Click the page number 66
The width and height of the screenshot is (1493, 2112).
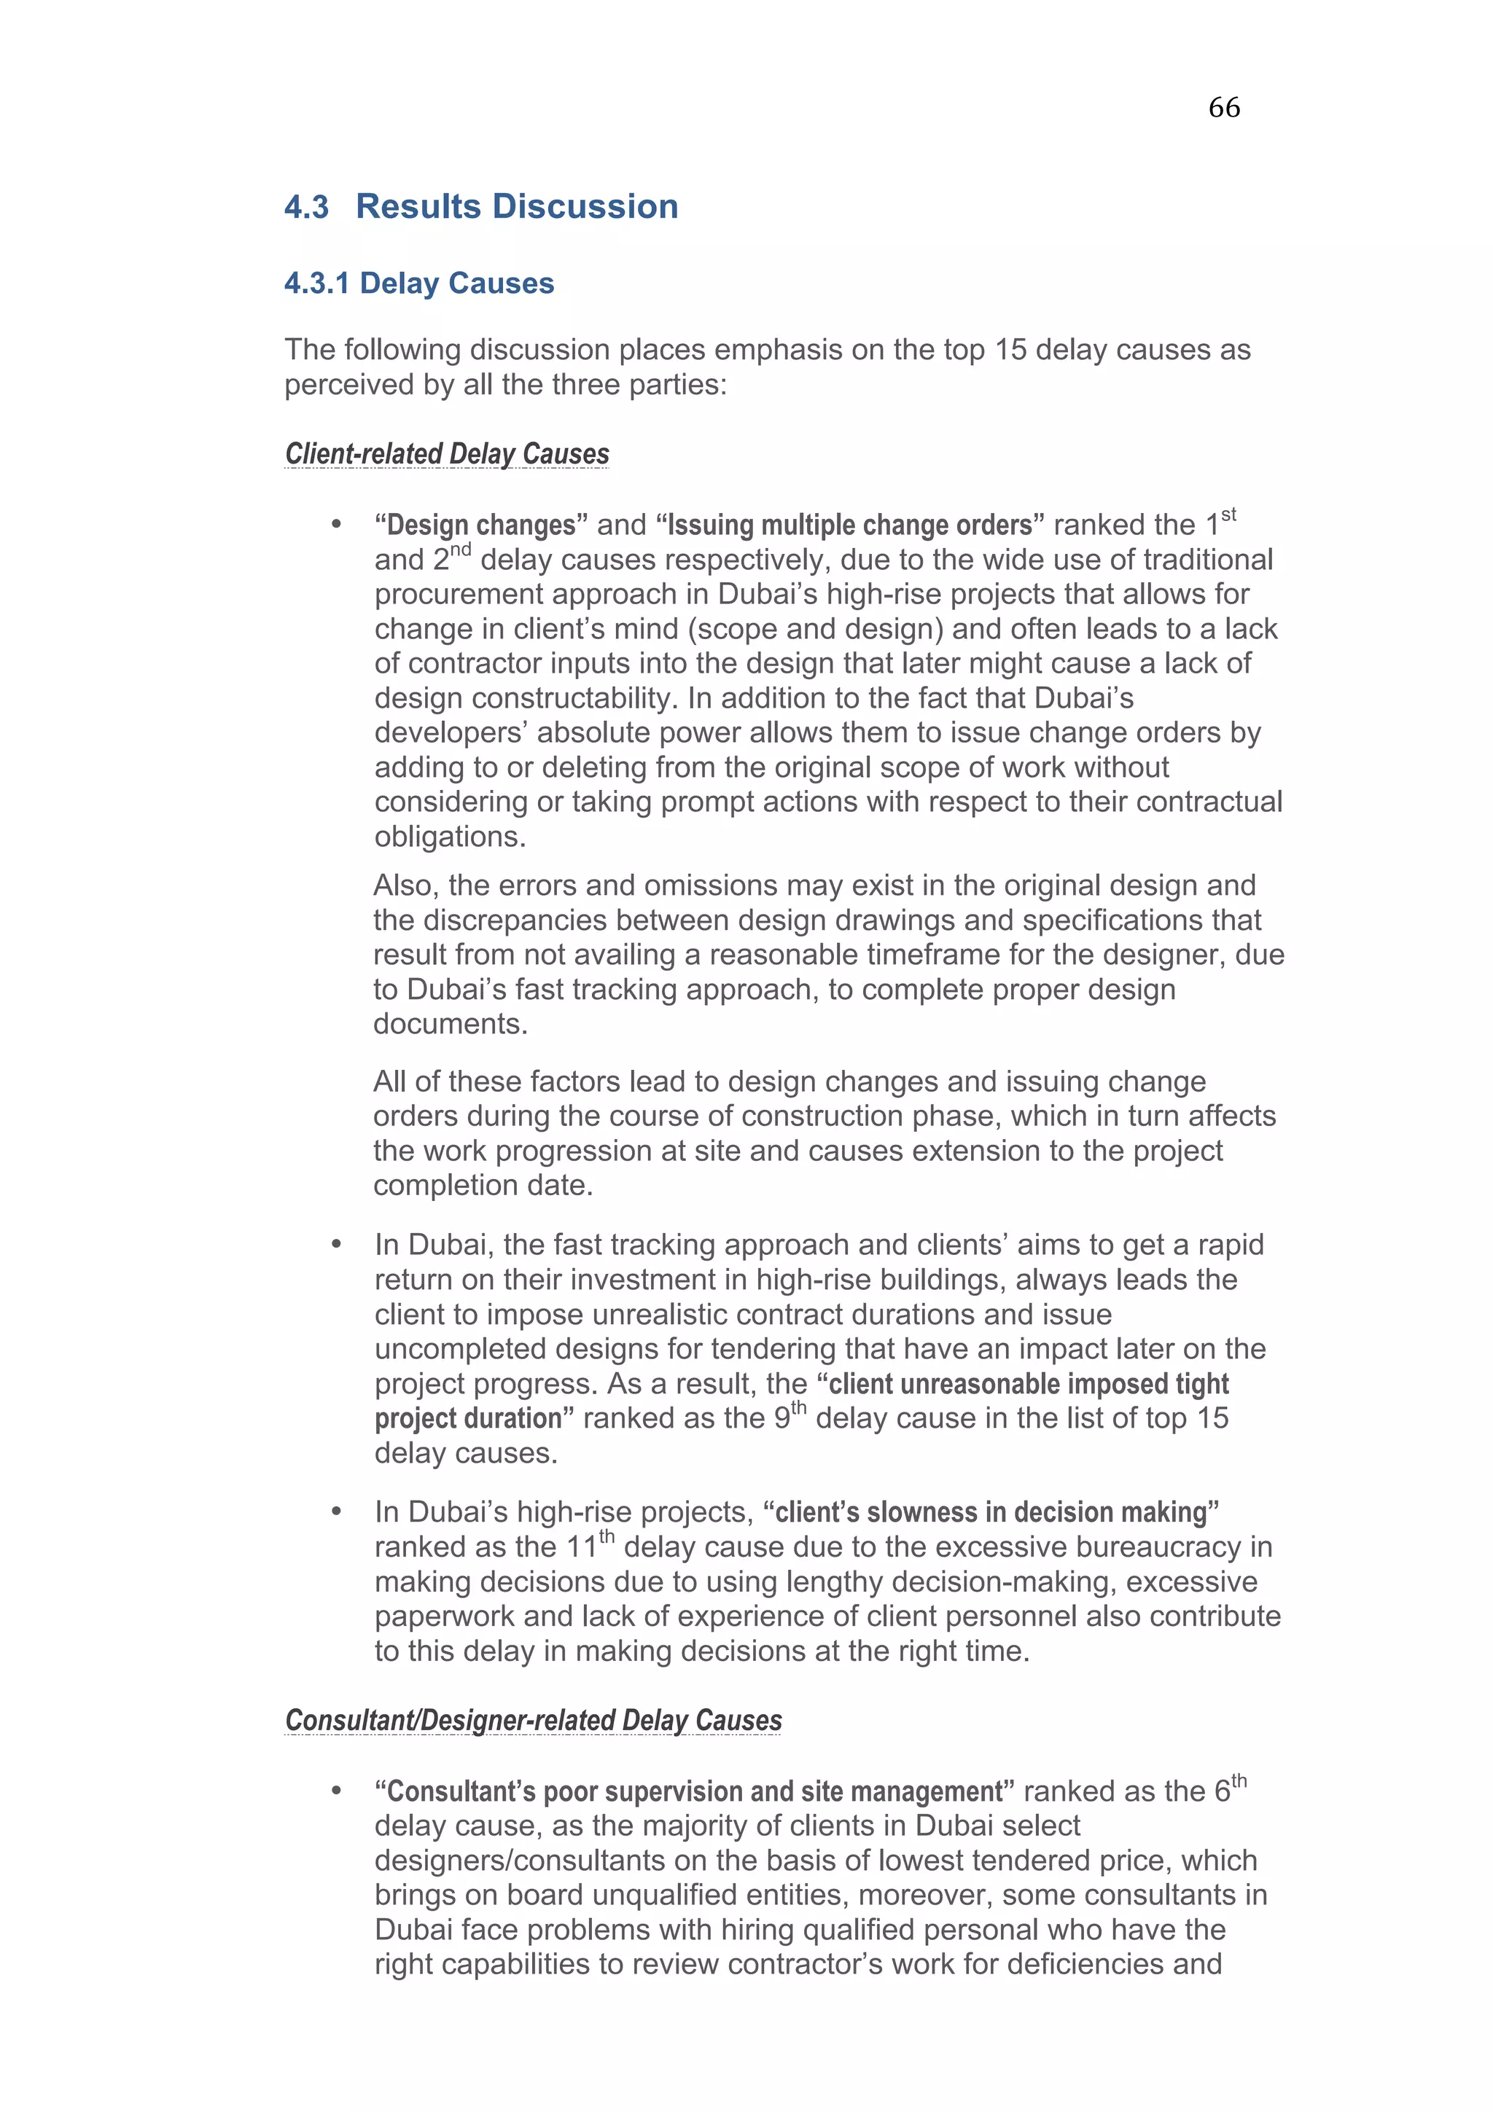pos(1223,108)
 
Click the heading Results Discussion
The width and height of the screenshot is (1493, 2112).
pos(516,206)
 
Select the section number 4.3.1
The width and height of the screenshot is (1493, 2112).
pos(316,283)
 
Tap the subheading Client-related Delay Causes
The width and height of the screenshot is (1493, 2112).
pos(447,453)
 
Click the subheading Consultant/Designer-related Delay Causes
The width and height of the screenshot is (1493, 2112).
pos(533,1719)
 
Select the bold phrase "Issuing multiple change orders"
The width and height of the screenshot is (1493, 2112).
pos(849,525)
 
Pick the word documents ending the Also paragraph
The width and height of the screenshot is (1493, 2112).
pos(450,1024)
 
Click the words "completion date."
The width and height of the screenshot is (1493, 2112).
pos(483,1185)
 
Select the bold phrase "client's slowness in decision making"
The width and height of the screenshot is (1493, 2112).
pos(991,1512)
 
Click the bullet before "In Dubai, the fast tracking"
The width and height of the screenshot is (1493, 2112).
pos(337,1245)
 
